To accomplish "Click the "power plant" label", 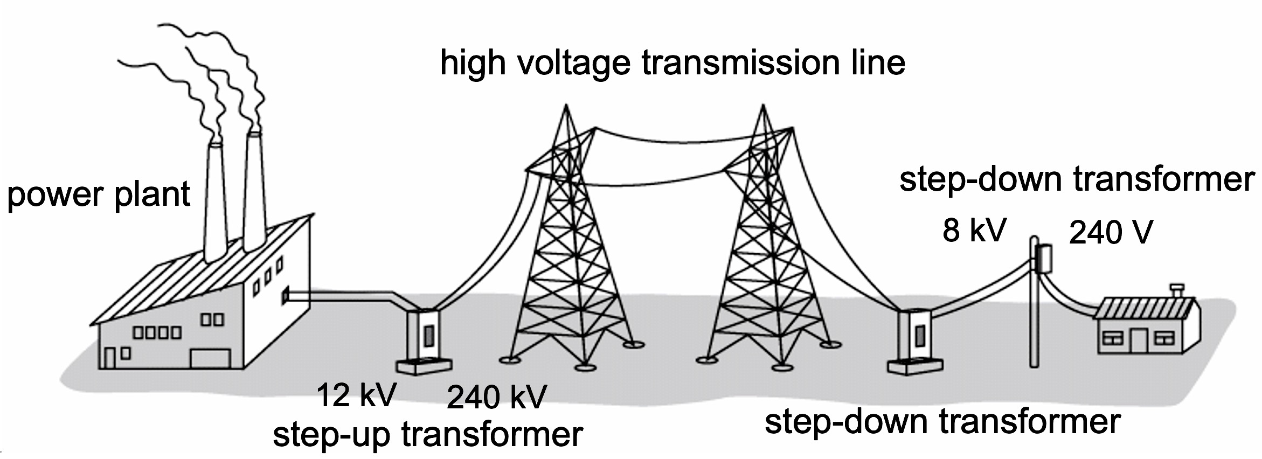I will pos(99,194).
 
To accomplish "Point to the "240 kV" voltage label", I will pos(497,397).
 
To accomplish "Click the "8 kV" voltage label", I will pos(974,231).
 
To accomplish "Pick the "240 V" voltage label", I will pos(1111,233).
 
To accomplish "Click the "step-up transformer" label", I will pos(428,434).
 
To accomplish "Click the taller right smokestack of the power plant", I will pos(254,189).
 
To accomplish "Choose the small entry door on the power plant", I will pos(109,358).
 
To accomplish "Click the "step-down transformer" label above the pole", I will pos(1077,179).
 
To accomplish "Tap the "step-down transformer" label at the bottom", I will pos(942,422).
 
